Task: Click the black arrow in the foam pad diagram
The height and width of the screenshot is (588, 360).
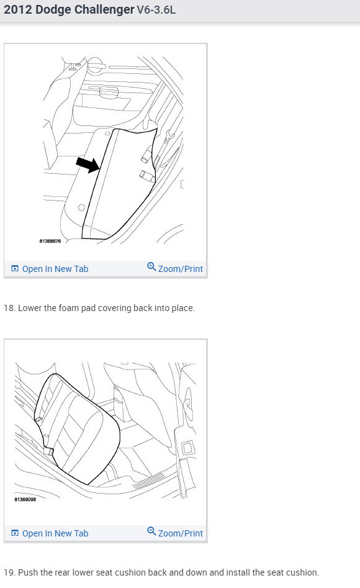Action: coord(88,165)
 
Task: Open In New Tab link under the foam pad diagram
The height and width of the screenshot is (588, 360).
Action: coord(50,269)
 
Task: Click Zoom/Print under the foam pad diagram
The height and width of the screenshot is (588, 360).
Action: coord(175,269)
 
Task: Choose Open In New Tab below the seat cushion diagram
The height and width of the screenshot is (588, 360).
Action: coord(50,533)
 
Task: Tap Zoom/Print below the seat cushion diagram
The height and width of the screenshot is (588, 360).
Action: coord(175,533)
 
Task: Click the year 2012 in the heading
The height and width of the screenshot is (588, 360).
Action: coord(17,10)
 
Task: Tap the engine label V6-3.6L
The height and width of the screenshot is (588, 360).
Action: coord(156,10)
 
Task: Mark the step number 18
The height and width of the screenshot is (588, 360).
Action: coord(9,308)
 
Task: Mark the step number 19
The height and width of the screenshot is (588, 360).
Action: coord(9,572)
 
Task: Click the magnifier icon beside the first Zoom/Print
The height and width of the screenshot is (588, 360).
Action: coord(151,268)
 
